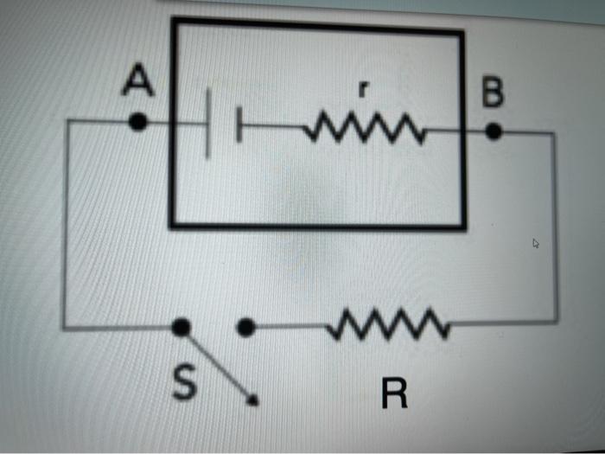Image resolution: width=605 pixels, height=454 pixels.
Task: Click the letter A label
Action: coord(137,82)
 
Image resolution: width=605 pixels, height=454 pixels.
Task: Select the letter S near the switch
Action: coord(181,384)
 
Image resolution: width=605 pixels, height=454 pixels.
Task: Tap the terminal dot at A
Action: coord(137,123)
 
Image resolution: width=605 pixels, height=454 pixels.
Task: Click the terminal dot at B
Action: coord(494,131)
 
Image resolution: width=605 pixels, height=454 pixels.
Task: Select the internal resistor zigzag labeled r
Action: coord(363,131)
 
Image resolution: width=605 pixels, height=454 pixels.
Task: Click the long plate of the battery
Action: coord(208,126)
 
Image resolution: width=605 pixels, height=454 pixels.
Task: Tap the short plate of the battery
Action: coord(239,128)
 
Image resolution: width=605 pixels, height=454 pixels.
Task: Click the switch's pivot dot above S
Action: coord(181,327)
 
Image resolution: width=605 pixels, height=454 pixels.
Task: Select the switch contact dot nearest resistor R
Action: coord(246,328)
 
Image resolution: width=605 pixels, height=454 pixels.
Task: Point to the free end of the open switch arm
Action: coord(253,400)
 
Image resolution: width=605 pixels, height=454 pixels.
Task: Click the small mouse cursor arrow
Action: coord(536,244)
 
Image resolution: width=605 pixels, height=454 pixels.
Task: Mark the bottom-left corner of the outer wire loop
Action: coord(64,327)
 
